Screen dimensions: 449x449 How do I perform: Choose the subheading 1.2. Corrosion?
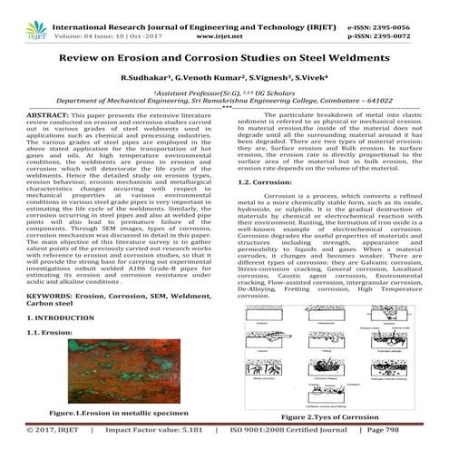pyautogui.click(x=263, y=182)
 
